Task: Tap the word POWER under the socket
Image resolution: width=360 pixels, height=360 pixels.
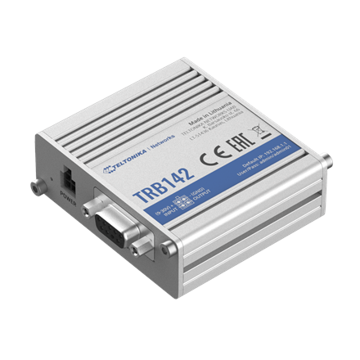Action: click(70, 196)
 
